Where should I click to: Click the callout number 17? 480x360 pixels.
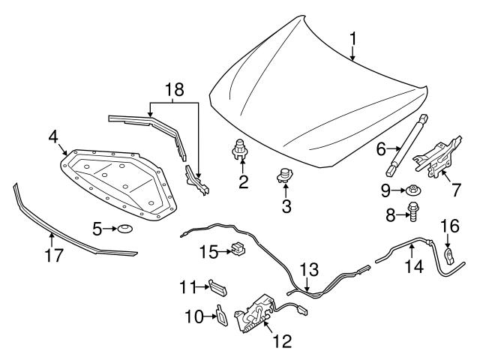pos(51,254)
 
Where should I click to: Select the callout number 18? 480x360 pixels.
pos(174,89)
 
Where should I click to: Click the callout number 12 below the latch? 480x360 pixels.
pos(281,342)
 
